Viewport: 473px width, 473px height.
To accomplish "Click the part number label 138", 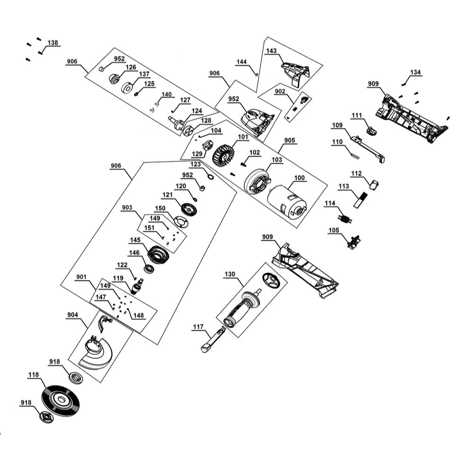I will pyautogui.click(x=53, y=43).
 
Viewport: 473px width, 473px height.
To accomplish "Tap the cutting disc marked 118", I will pyautogui.click(x=60, y=400).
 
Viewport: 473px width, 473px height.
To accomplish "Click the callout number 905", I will pyautogui.click(x=289, y=140).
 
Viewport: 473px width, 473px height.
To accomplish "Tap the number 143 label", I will pyautogui.click(x=271, y=51).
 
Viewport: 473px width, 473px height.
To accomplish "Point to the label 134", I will pyautogui.click(x=415, y=72).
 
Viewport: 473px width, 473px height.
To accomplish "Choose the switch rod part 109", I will pyautogui.click(x=368, y=148).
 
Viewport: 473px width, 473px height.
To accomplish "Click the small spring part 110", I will pyautogui.click(x=354, y=152).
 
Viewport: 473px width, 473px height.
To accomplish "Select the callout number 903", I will pyautogui.click(x=127, y=208).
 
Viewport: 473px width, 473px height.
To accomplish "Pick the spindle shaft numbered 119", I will pyautogui.click(x=139, y=287).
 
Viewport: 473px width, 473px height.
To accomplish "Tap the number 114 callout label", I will pyautogui.click(x=330, y=203).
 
